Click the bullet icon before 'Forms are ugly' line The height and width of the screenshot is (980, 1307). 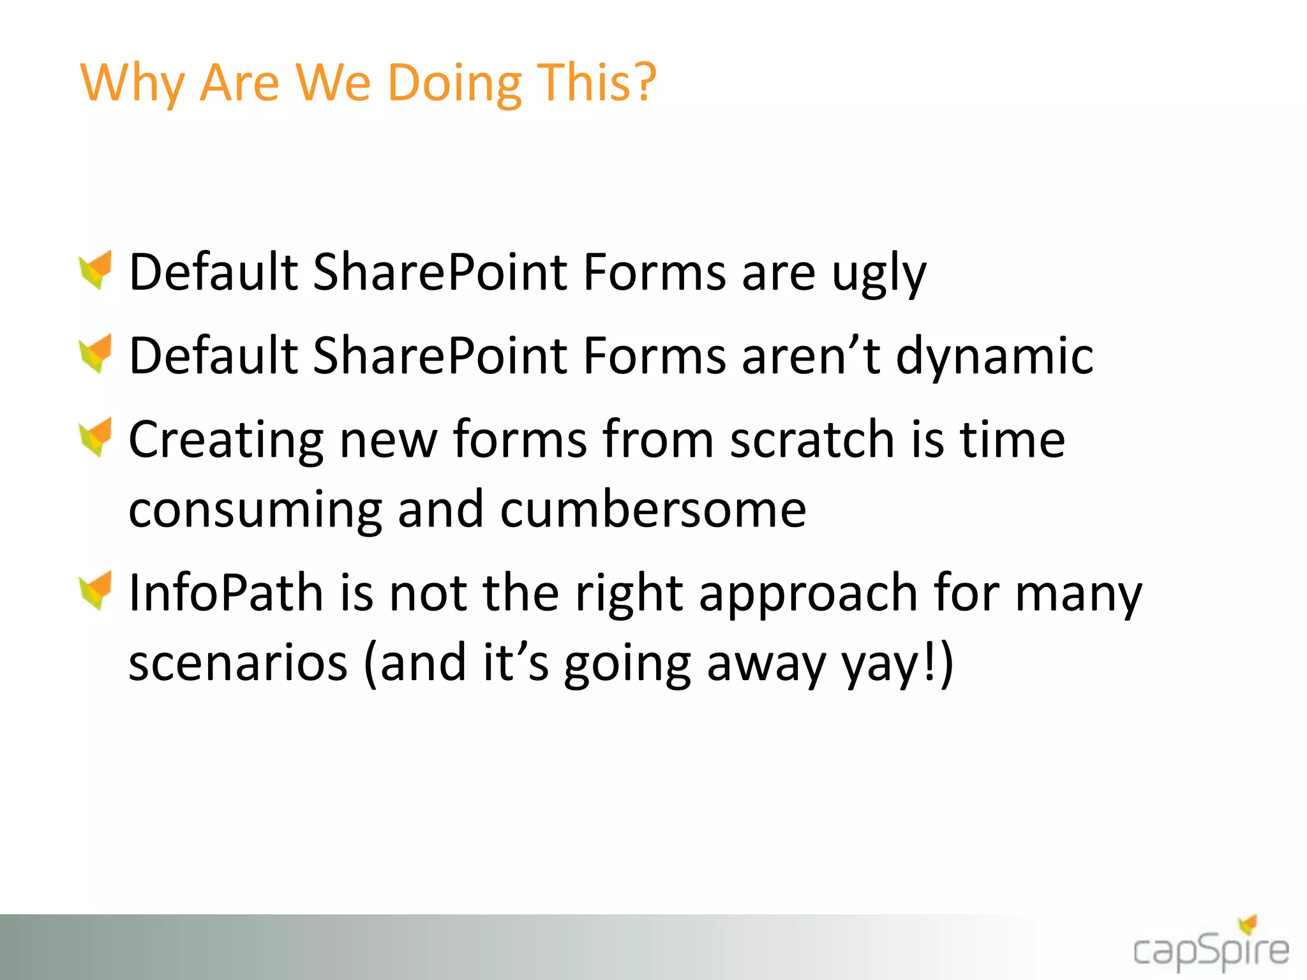click(x=96, y=270)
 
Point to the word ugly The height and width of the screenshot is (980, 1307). click(x=879, y=274)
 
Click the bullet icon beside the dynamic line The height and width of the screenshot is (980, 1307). click(x=96, y=353)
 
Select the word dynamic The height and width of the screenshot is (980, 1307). click(x=995, y=357)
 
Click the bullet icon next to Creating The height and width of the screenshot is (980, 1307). click(x=96, y=437)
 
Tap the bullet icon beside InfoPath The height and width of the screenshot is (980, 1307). click(x=96, y=590)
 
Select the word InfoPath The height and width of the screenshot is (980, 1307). click(x=226, y=593)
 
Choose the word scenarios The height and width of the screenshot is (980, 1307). click(x=238, y=663)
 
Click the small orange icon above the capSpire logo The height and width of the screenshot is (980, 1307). click(x=1248, y=924)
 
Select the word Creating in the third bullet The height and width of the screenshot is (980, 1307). click(x=226, y=440)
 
